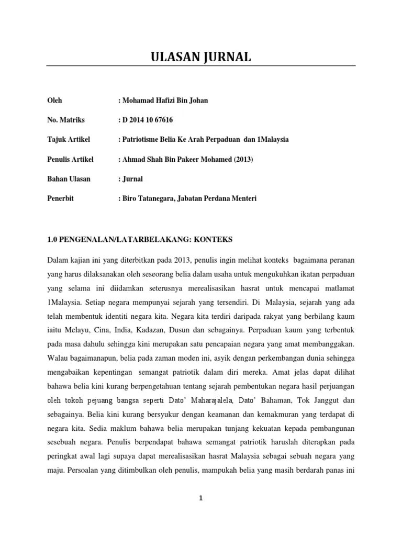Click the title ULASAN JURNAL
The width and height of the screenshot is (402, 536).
tap(201, 57)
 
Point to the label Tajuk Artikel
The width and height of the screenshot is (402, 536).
tap(69, 140)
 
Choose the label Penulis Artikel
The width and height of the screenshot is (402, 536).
tap(71, 160)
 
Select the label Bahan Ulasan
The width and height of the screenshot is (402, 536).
tap(69, 179)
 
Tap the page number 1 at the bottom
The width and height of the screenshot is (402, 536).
tap(201, 499)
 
